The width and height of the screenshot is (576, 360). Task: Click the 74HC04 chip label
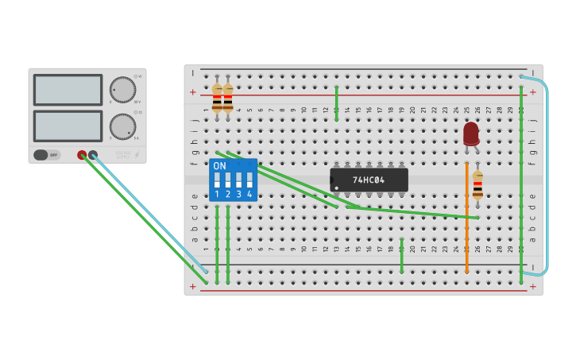coord(369,180)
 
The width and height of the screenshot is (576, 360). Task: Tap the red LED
coord(471,134)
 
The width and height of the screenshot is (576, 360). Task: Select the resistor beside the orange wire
coord(477,185)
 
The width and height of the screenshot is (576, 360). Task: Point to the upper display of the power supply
coord(68,90)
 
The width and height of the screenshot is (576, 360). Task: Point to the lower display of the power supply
coord(68,126)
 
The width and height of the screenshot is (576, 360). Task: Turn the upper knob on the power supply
coord(122,90)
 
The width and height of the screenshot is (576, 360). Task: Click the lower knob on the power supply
coord(122,126)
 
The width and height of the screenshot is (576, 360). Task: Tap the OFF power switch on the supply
coord(47,155)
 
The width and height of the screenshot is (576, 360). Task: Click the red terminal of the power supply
coord(82,155)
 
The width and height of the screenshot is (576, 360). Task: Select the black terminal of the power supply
coord(93,155)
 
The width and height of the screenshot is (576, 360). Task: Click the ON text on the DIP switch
coord(219,166)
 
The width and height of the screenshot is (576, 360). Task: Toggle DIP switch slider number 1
coord(217,180)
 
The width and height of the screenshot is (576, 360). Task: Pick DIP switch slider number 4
coord(249,180)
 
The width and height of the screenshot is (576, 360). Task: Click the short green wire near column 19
coord(402,256)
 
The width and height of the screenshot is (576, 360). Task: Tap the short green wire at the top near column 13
coord(337,103)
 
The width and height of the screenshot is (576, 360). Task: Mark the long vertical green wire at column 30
coord(521,183)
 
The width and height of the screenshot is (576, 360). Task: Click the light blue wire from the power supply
coord(151,215)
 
